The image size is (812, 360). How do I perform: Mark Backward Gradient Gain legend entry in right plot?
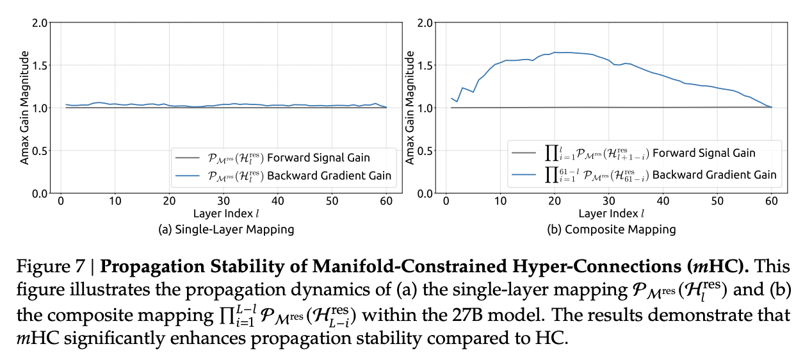[644, 175]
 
